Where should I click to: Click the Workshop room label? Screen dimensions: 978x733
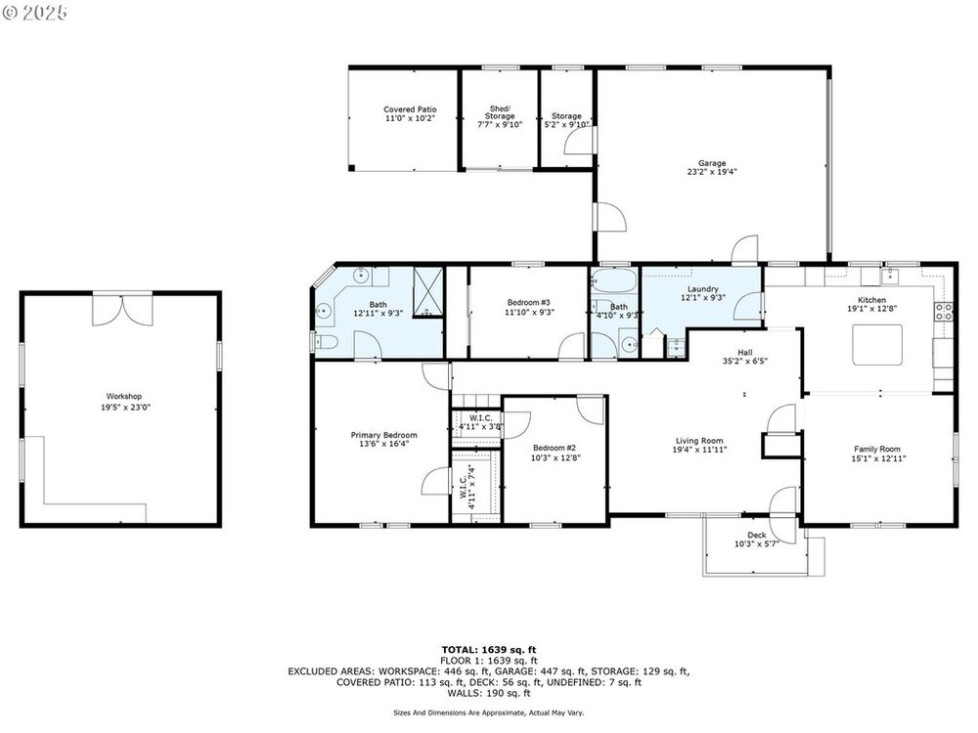(123, 397)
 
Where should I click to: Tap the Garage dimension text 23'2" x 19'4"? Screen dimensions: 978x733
(712, 172)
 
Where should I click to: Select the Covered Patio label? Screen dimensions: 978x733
(410, 109)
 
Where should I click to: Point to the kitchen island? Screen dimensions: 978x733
(877, 345)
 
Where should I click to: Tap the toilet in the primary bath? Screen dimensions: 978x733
(326, 341)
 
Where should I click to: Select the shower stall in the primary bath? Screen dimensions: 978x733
(428, 292)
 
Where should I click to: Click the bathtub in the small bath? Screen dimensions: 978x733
(613, 281)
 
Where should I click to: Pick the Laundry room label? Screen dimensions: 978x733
(703, 289)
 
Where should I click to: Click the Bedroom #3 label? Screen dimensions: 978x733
(528, 303)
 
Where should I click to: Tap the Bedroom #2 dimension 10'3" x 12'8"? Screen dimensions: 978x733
(554, 457)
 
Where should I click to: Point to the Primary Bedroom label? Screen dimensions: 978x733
(383, 435)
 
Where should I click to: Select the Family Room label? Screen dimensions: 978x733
(877, 449)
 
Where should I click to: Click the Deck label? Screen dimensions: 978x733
(757, 536)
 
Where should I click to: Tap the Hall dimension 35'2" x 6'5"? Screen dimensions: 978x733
(744, 362)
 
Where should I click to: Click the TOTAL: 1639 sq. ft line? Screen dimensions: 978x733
(489, 650)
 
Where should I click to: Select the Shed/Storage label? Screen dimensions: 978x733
(500, 112)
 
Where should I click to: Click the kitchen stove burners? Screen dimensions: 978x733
(944, 312)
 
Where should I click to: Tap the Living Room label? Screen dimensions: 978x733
(699, 441)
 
